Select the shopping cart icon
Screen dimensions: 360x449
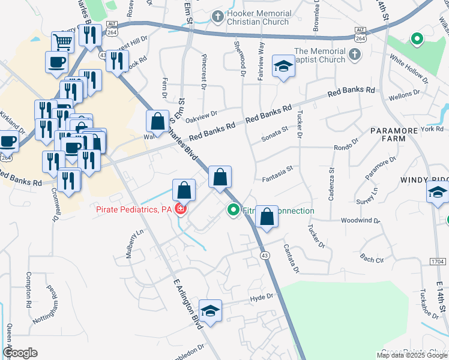(x=62, y=41)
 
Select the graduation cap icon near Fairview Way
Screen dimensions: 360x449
(x=284, y=66)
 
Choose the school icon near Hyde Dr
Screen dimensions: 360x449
(x=210, y=311)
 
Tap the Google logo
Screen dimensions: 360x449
(x=19, y=353)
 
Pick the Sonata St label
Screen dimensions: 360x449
(x=275, y=139)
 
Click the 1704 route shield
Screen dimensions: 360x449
(x=438, y=262)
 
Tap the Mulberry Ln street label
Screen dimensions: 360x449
(x=135, y=244)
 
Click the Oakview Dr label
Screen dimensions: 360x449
(x=201, y=115)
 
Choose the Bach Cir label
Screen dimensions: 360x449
(x=372, y=259)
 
